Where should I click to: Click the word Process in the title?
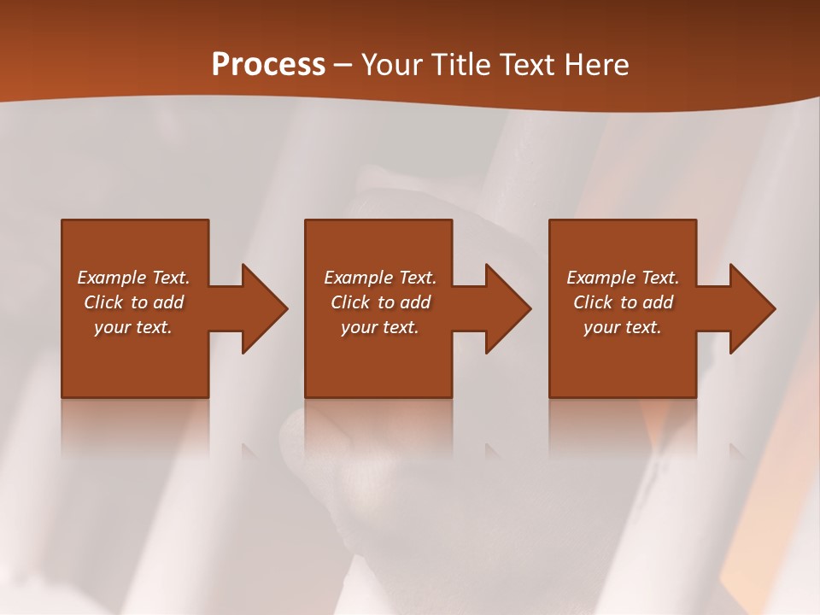[268, 65]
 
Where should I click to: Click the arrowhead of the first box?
[263, 308]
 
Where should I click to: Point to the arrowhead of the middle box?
[507, 308]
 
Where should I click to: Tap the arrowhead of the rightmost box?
[752, 308]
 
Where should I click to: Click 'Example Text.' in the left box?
[133, 278]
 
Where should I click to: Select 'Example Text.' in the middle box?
[379, 278]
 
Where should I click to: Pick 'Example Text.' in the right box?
[623, 278]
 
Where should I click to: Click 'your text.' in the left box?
[133, 327]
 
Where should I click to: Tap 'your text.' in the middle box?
[379, 327]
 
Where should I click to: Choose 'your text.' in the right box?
[623, 327]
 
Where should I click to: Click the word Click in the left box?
[103, 302]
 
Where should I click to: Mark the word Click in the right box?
[593, 302]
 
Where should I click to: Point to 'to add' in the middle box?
[404, 302]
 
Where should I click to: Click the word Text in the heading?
[530, 65]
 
